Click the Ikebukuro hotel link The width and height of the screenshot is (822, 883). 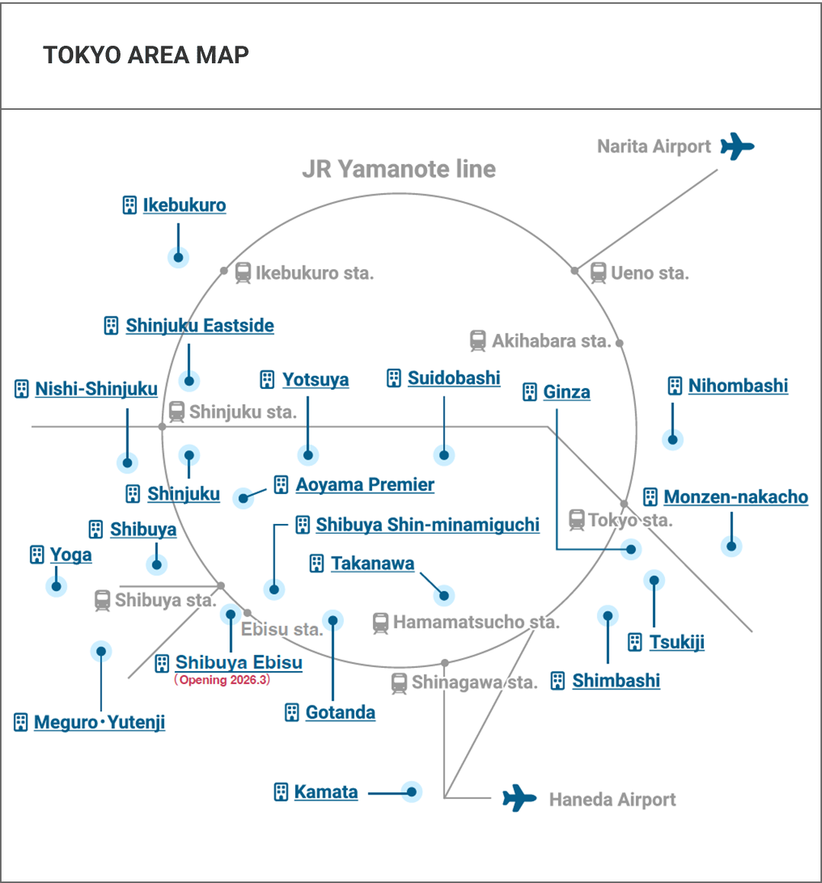tap(184, 205)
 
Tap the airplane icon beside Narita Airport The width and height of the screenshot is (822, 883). tap(737, 146)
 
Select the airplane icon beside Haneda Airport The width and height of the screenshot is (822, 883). tap(519, 798)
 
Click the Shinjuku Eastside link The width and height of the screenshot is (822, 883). tap(199, 326)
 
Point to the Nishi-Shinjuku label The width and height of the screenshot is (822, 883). tap(96, 389)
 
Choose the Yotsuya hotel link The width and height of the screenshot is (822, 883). tap(315, 380)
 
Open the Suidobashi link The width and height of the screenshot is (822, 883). tap(454, 378)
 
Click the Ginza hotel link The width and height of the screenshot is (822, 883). tap(567, 392)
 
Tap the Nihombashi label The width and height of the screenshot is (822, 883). tap(738, 386)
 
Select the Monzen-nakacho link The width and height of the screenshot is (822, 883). tap(736, 496)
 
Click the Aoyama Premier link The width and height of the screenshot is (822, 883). tap(364, 484)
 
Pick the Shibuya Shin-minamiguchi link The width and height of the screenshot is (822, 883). tap(427, 525)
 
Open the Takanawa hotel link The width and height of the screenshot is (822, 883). tap(372, 564)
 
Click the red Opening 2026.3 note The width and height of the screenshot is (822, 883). tap(222, 679)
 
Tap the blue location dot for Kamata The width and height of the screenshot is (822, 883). tap(412, 791)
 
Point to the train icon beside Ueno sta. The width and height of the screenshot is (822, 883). tap(598, 273)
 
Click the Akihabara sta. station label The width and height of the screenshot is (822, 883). tap(551, 341)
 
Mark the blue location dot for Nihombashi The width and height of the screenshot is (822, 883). tap(673, 439)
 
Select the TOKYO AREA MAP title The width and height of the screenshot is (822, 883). tap(146, 55)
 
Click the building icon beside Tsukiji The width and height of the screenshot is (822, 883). tap(635, 642)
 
